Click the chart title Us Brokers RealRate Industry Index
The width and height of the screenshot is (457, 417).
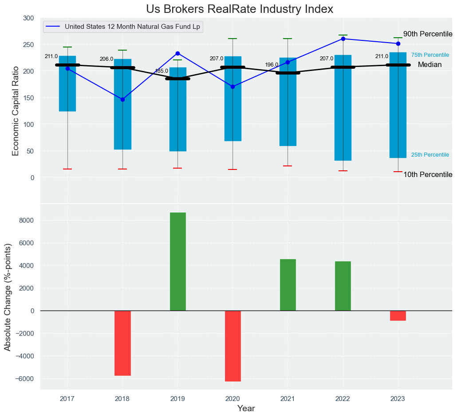240,9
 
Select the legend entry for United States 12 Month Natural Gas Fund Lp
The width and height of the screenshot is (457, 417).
132,27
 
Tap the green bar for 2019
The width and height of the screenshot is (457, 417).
177,261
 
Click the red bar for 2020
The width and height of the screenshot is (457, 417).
232,346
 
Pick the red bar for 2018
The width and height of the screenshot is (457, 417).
122,343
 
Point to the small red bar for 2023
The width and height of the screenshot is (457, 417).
398,315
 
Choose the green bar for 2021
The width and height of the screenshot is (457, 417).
288,285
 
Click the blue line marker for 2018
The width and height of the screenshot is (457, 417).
122,99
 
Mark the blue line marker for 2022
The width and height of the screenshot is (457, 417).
343,39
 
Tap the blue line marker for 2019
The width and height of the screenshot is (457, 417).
177,53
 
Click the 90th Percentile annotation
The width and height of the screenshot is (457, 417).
427,34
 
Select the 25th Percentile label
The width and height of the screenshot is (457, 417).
430,155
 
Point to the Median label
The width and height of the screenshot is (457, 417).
429,65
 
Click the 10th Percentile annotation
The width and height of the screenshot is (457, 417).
427,175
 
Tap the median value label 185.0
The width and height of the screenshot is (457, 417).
161,71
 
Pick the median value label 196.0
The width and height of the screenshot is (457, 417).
271,65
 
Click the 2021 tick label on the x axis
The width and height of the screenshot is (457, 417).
288,399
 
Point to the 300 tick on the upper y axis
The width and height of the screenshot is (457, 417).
28,18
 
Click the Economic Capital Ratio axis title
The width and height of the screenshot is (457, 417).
16,111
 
